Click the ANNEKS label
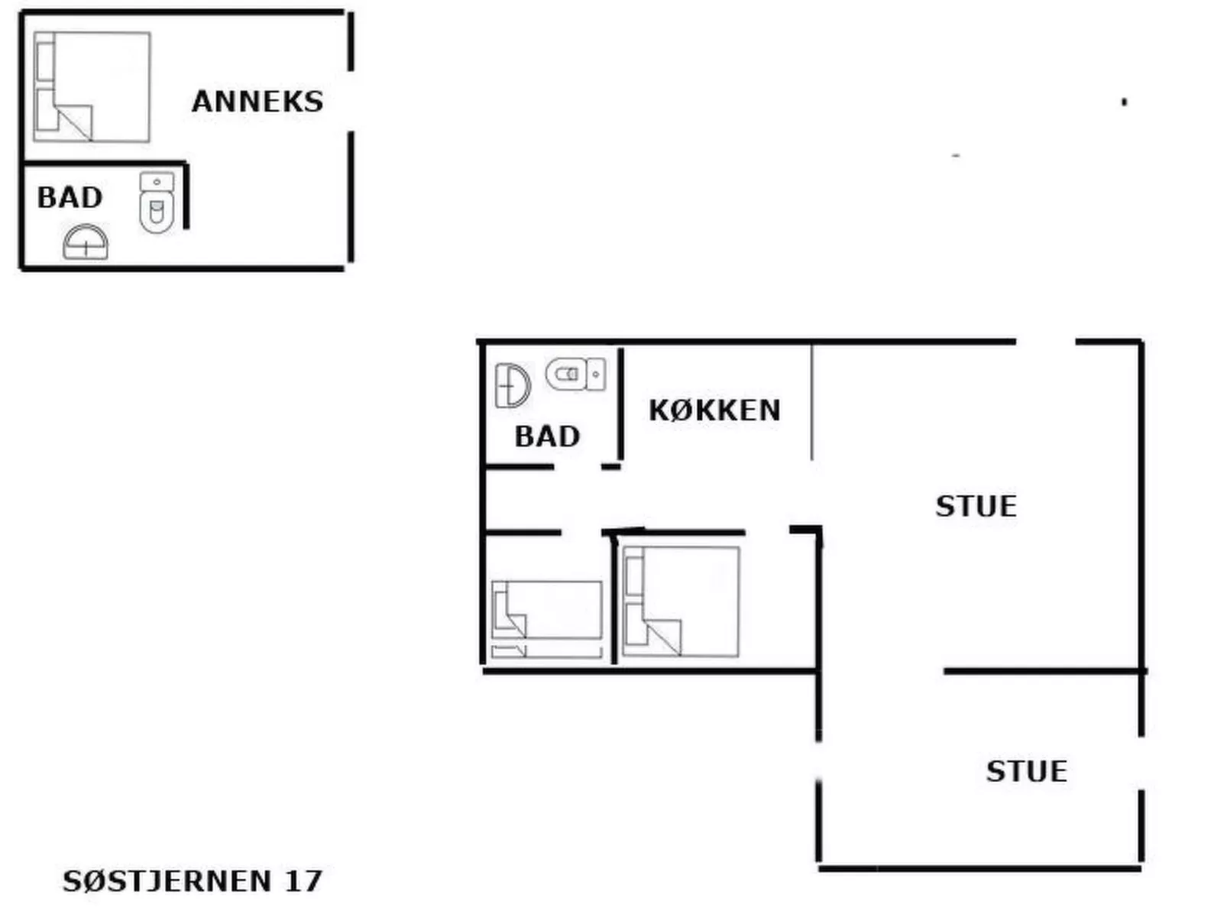(257, 102)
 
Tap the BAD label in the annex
(70, 198)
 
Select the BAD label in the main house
(547, 437)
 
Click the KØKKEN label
(714, 410)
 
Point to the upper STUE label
(976, 507)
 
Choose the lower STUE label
(1026, 771)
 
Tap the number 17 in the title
(303, 881)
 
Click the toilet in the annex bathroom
(157, 203)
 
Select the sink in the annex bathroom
(86, 242)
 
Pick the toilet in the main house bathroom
(575, 374)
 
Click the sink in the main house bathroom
(512, 385)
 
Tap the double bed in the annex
(92, 86)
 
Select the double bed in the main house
(681, 602)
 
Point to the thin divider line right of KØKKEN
(811, 401)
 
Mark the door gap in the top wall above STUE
(1045, 342)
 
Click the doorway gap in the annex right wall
(351, 101)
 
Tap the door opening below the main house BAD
(578, 467)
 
